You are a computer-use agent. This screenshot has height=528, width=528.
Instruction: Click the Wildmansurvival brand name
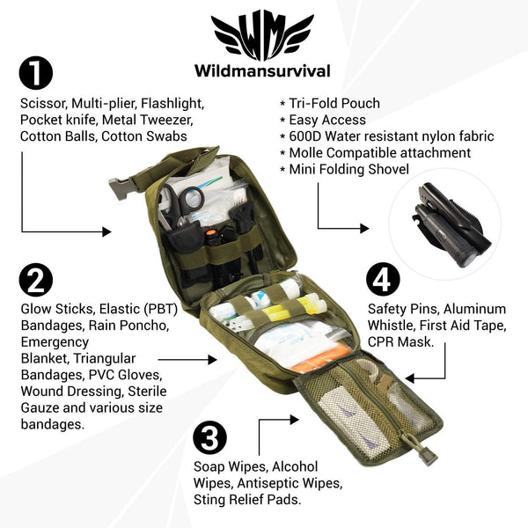click(264, 70)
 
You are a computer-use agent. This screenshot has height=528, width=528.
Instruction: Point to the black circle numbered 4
click(383, 281)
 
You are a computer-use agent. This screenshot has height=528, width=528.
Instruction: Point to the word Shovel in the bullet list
click(385, 169)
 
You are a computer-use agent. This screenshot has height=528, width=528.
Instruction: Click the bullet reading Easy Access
click(326, 120)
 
